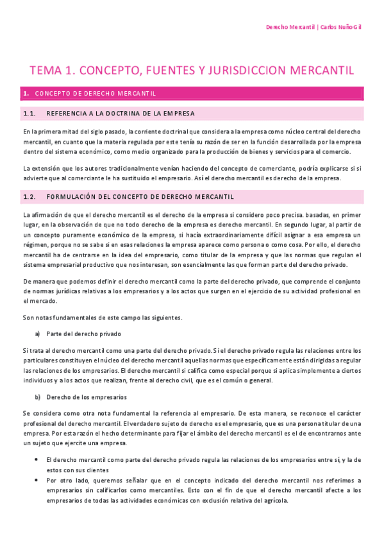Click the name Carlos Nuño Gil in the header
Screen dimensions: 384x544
point(341,28)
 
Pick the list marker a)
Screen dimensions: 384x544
point(37,334)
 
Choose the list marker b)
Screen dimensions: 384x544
point(37,397)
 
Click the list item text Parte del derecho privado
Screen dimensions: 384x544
point(83,334)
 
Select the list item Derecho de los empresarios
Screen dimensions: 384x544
point(87,397)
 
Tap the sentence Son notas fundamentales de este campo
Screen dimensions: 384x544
point(102,318)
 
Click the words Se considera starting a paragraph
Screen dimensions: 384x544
point(40,414)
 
